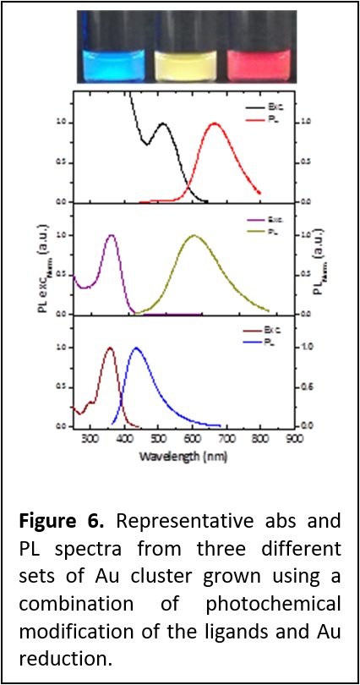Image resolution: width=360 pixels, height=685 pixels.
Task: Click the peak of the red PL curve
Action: click(215, 123)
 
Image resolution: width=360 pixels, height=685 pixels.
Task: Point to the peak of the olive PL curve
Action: click(194, 236)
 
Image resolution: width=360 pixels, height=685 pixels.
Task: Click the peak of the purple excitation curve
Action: click(111, 236)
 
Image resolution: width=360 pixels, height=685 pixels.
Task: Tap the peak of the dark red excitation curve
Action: click(109, 348)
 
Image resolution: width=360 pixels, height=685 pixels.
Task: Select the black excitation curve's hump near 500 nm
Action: click(162, 124)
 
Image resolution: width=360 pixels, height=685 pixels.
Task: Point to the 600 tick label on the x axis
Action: click(193, 440)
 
